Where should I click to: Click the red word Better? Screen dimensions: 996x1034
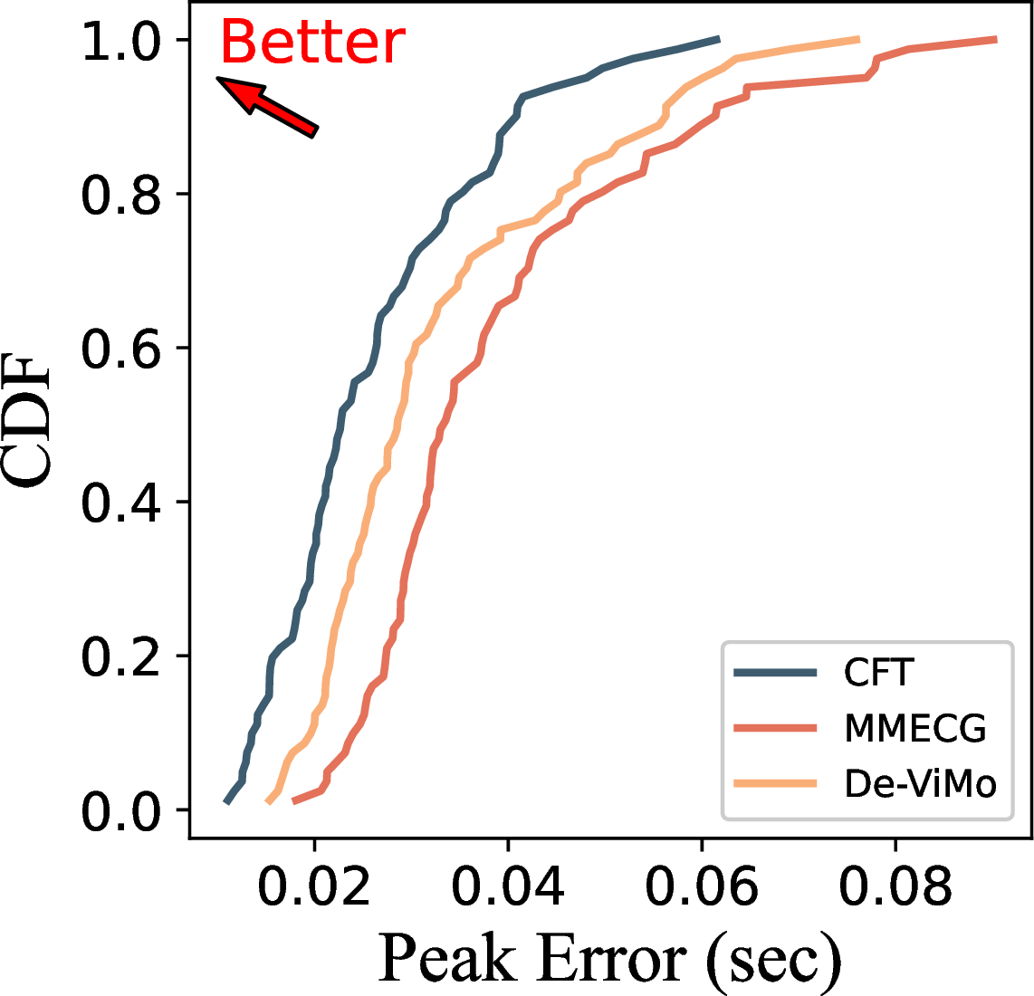312,43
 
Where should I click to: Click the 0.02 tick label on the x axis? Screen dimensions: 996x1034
314,887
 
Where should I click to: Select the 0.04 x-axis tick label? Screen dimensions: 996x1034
508,887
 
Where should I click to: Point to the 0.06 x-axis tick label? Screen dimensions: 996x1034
702,887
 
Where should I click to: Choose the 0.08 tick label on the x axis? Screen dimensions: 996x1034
895,887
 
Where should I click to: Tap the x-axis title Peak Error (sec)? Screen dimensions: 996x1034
609,958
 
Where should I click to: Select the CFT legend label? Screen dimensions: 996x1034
878,673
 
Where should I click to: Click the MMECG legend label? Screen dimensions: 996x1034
914,728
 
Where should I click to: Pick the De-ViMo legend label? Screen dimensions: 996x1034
920,783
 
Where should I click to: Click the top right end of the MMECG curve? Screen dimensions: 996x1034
995,40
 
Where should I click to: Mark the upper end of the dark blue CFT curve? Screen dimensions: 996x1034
718,40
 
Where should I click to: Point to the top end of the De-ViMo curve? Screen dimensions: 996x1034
858,40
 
